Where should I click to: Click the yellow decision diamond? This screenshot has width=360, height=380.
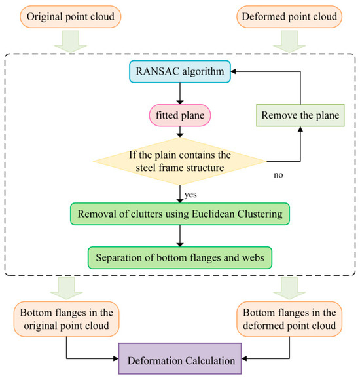pyautogui.click(x=179, y=161)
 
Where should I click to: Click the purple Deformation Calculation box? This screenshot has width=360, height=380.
pyautogui.click(x=179, y=359)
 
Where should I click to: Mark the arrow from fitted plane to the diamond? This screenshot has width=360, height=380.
pyautogui.click(x=179, y=132)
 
